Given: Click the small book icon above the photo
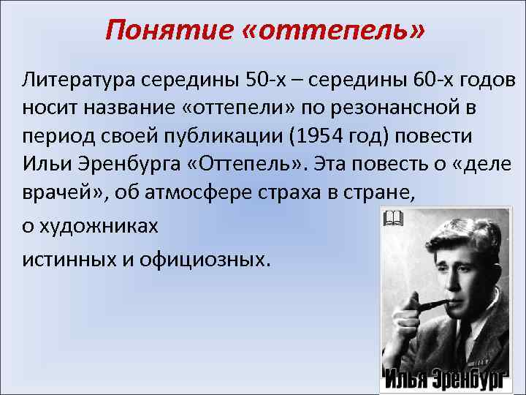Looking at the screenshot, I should pos(392,217).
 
